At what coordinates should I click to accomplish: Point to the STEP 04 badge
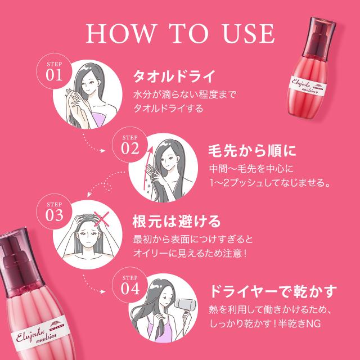129,285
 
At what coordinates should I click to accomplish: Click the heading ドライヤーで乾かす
273,292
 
